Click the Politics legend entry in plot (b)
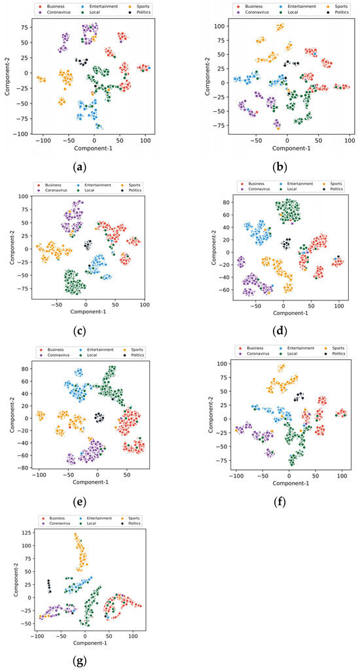point(332,12)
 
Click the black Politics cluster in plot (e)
point(99,417)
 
